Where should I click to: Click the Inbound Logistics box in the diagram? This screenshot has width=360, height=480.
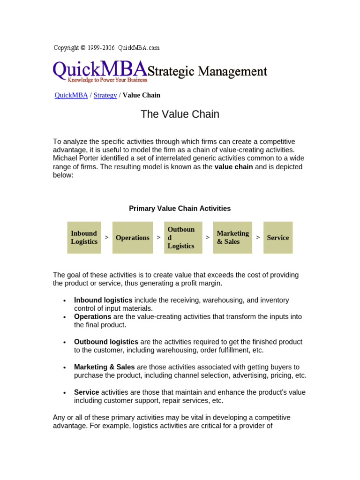84,238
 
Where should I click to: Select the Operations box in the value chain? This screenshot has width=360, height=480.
133,238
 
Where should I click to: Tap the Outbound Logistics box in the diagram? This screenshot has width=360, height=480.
183,238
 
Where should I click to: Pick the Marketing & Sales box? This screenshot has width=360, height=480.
232,238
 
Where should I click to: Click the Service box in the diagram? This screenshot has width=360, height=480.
278,238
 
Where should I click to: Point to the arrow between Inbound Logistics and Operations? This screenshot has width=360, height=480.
107,238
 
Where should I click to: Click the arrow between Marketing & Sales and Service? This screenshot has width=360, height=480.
258,238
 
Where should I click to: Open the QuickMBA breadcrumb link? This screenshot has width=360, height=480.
71,95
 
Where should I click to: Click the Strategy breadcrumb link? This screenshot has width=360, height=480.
105,95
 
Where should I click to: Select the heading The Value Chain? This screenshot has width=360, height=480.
180,114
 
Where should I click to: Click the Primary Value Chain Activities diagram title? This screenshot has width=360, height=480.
180,209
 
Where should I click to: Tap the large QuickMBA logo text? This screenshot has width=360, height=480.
100,70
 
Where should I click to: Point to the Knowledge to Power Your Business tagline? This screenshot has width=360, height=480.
100,80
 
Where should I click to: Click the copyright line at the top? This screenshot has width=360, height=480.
106,48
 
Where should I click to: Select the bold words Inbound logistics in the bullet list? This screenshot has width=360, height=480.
103,300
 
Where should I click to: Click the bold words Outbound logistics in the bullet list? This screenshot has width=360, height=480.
106,342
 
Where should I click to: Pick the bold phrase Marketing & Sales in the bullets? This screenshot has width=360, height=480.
104,367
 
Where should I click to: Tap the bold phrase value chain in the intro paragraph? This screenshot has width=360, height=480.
233,167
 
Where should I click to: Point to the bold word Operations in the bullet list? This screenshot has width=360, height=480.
92,316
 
